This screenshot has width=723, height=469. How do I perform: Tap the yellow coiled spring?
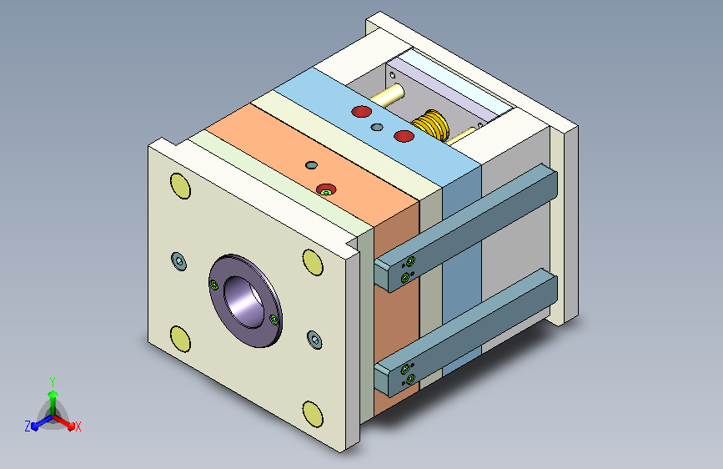click(x=430, y=124)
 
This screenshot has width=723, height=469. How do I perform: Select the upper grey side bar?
click(x=465, y=228)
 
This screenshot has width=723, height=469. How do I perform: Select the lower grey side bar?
click(x=465, y=332)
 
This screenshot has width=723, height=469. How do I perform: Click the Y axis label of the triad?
click(x=53, y=382)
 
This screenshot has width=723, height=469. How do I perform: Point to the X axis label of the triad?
click(x=78, y=427)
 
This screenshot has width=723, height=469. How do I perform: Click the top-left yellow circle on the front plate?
click(x=180, y=186)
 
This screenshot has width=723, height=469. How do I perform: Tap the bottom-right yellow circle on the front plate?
click(x=313, y=414)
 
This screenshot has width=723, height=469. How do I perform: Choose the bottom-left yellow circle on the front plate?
click(x=180, y=339)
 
